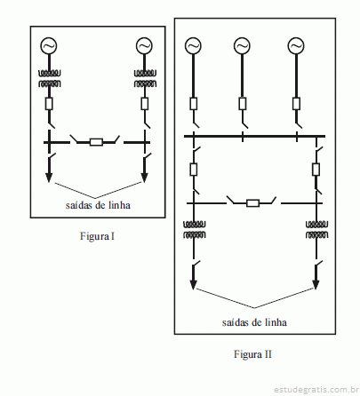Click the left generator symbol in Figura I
pos(49,46)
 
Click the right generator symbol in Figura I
pos(144,46)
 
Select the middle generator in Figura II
pos(242,46)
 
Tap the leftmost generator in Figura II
pos(193,46)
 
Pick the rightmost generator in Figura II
pos(296,46)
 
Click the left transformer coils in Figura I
pos(50,78)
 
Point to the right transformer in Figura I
pos(145,78)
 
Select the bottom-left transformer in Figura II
pos(195,230)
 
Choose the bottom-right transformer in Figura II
pos(316,230)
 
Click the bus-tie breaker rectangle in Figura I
pos(96,142)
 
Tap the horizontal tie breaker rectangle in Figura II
pos(253,203)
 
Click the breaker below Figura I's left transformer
pos(49,104)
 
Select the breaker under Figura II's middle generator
pos(243,104)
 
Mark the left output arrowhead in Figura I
pos(49,178)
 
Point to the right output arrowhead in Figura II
pos(316,284)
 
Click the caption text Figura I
pos(97,236)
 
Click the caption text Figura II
pos(252,354)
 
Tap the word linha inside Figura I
pos(119,205)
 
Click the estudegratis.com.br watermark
pos(316,390)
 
